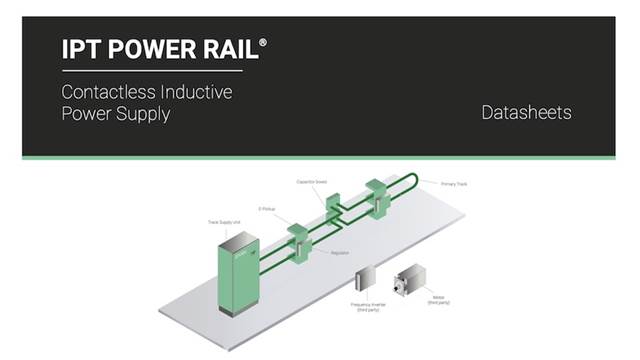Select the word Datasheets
[x=526, y=112]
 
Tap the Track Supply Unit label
[x=224, y=221]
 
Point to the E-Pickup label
[x=267, y=209]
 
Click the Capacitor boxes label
[x=313, y=182]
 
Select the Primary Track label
[x=455, y=184]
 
